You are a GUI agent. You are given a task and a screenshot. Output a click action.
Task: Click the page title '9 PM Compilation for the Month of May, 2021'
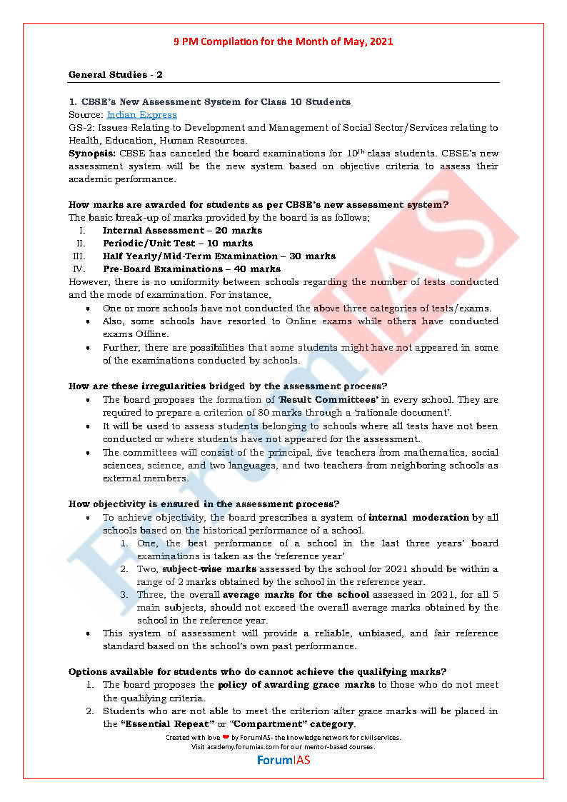point(283,41)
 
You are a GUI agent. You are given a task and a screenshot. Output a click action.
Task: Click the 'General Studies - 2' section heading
point(116,75)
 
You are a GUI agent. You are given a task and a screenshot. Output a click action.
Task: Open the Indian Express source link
point(141,115)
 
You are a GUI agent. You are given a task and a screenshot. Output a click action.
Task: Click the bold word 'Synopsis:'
point(92,154)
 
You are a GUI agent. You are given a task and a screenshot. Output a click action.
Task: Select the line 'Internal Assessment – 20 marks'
point(182,231)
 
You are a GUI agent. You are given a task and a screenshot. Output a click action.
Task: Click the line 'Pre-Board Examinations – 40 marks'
point(191,269)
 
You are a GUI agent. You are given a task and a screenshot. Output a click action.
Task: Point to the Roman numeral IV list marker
point(79,269)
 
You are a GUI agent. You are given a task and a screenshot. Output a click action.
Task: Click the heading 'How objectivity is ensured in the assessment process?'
point(204,503)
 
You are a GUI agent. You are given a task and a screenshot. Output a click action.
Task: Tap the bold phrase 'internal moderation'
point(418,517)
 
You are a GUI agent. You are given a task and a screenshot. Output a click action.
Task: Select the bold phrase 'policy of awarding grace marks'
point(296,685)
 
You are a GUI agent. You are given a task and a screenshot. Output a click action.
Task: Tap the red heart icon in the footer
point(226,737)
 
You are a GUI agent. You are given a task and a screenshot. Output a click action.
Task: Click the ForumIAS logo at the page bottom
point(283,760)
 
